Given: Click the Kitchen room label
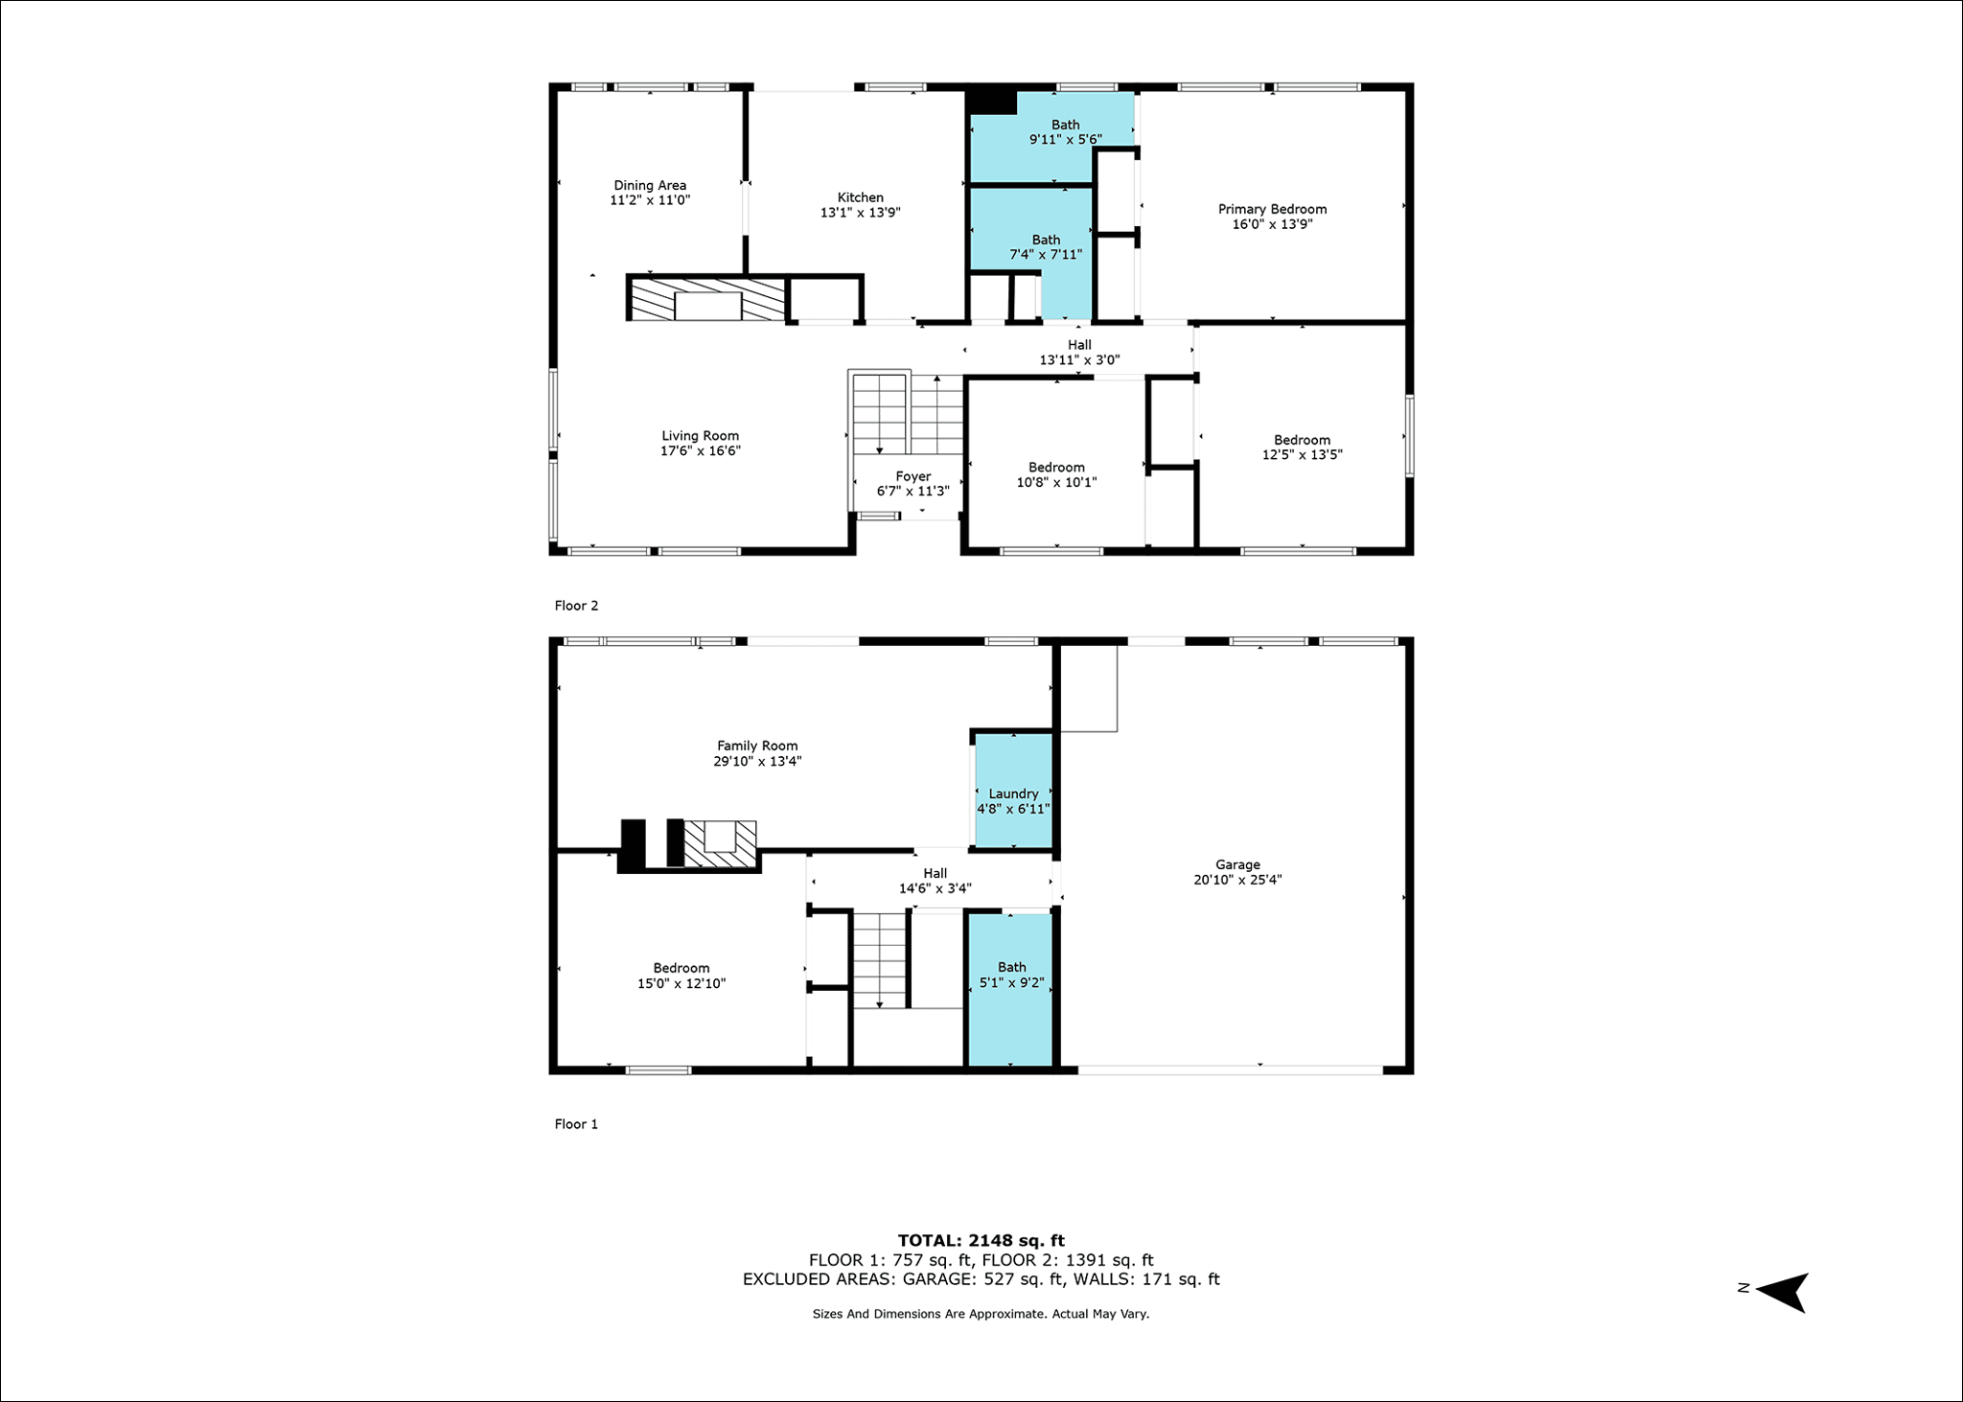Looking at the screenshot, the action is [x=860, y=197].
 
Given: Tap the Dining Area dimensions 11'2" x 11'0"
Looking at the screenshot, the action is [x=650, y=200].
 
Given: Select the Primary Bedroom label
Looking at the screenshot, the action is [x=1272, y=209].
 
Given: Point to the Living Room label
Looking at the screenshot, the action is [x=700, y=436].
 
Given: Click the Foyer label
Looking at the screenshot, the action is [x=913, y=476].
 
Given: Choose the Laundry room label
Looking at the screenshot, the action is [x=1013, y=793].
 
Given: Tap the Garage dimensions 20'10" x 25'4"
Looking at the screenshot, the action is [x=1237, y=880].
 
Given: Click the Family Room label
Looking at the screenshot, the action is [x=757, y=746].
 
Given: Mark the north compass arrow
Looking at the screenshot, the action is [x=1781, y=1292].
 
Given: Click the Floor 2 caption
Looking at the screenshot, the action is [x=576, y=606].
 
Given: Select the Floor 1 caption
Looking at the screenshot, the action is [x=576, y=1124].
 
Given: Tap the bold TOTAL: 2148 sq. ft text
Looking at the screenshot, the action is [x=981, y=1240].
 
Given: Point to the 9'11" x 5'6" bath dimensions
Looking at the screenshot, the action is [x=1066, y=139].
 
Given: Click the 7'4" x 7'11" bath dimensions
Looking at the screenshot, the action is [x=1046, y=255].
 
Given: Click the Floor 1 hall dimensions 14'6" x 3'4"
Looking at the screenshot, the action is [x=935, y=888].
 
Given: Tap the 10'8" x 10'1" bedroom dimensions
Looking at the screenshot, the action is [x=1056, y=482].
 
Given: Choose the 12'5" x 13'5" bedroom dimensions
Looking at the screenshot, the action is [x=1302, y=455].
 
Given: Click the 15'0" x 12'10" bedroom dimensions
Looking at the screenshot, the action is [x=681, y=983].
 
